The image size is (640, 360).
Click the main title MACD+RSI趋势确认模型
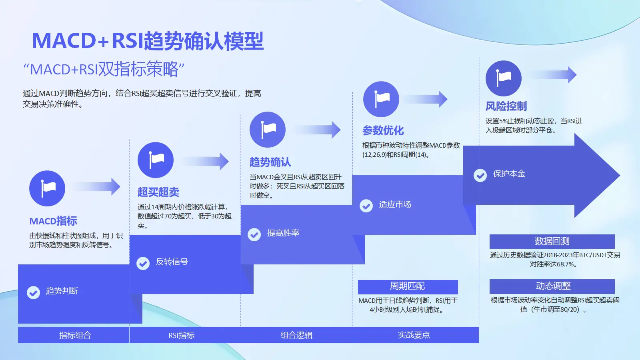pyautogui.click(x=148, y=41)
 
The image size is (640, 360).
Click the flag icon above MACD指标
pyautogui.click(x=47, y=188)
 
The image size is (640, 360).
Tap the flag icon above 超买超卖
pyautogui.click(x=156, y=160)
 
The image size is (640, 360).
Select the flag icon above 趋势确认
pyautogui.click(x=268, y=130)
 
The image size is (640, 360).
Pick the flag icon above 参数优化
pyautogui.click(x=381, y=99)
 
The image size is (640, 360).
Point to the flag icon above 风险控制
pyautogui.click(x=504, y=78)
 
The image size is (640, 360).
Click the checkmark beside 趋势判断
pyautogui.click(x=34, y=292)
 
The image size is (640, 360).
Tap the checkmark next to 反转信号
pyautogui.click(x=143, y=263)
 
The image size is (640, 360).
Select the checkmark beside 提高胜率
pyautogui.click(x=254, y=234)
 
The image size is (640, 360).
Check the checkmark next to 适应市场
pyautogui.click(x=366, y=206)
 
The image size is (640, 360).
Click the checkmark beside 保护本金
pyautogui.click(x=480, y=175)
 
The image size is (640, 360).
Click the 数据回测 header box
pyautogui.click(x=552, y=241)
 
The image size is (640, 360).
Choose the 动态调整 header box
pyautogui.click(x=552, y=286)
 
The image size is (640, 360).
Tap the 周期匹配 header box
pyautogui.click(x=408, y=286)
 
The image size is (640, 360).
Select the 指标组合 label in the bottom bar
pyautogui.click(x=75, y=335)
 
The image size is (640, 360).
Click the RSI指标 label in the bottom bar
pyautogui.click(x=181, y=335)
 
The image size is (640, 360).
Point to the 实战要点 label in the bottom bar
pyautogui.click(x=414, y=335)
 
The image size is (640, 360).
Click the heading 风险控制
pyautogui.click(x=506, y=106)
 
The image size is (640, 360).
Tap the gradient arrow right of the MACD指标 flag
pyautogui.click(x=98, y=187)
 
